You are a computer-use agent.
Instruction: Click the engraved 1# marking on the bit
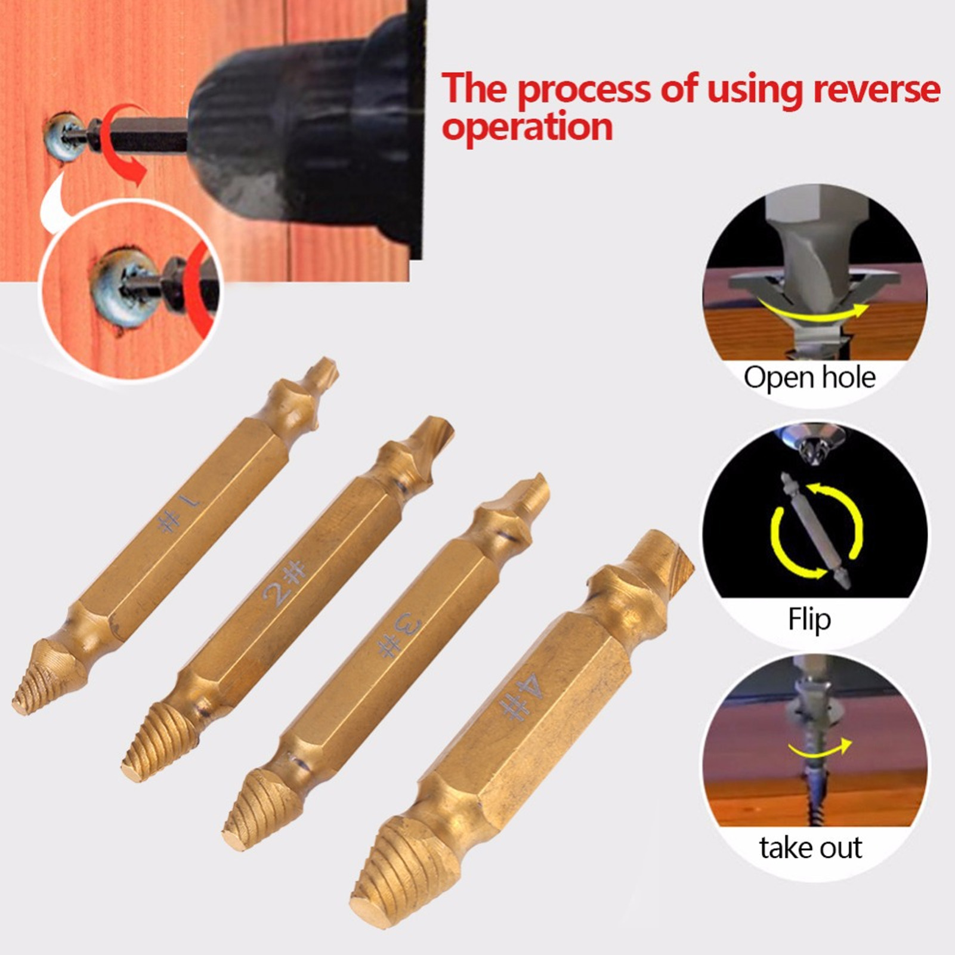[179, 514]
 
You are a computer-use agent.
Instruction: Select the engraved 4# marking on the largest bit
[521, 697]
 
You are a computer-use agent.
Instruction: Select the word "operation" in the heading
[527, 127]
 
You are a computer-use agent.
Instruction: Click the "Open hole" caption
[809, 378]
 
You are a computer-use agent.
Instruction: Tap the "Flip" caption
[809, 619]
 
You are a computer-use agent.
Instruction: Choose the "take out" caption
[810, 848]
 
